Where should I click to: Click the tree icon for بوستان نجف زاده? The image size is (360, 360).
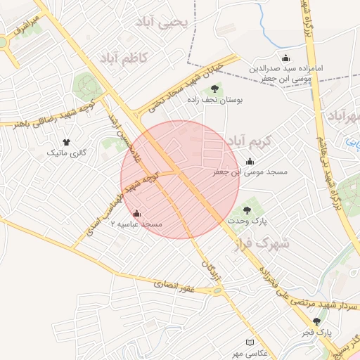pos(214,89)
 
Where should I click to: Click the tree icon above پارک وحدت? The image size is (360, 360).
pos(246,209)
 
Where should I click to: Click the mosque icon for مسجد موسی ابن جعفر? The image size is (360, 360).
pos(250,161)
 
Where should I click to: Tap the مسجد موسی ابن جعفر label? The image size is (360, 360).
pos(242,172)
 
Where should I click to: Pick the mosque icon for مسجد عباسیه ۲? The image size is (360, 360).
pos(136,212)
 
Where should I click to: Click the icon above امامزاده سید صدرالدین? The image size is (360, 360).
pos(285,58)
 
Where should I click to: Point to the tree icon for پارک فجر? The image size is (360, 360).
pos(316,321)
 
